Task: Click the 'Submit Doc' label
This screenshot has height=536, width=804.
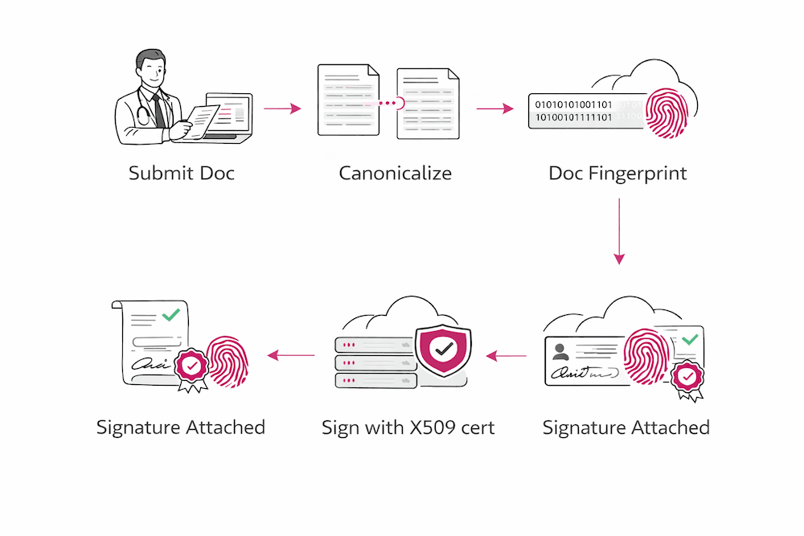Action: [x=182, y=173]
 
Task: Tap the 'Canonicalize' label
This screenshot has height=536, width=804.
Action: [x=395, y=173]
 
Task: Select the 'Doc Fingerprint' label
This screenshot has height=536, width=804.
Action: [x=617, y=173]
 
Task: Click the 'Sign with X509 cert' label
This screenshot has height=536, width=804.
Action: [x=408, y=427]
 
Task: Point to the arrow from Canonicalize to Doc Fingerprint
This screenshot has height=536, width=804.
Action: [x=494, y=108]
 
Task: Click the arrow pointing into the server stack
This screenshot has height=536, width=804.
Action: [x=507, y=354]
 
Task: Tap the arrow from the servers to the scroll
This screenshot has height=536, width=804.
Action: [x=290, y=354]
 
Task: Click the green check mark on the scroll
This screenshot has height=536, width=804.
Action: [x=170, y=315]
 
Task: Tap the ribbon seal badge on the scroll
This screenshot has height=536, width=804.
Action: [x=191, y=369]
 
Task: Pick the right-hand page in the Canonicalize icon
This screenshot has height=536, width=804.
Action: [x=429, y=103]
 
